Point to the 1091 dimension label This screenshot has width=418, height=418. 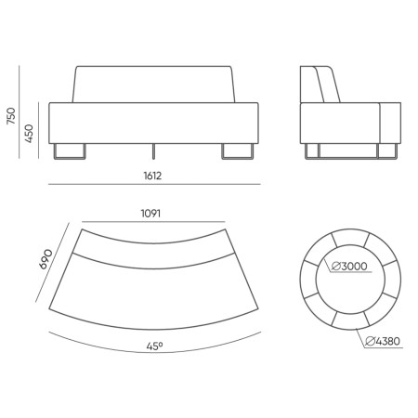tap(153, 214)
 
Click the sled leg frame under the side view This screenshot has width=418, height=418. tap(348, 150)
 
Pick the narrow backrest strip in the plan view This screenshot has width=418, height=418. tap(153, 243)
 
